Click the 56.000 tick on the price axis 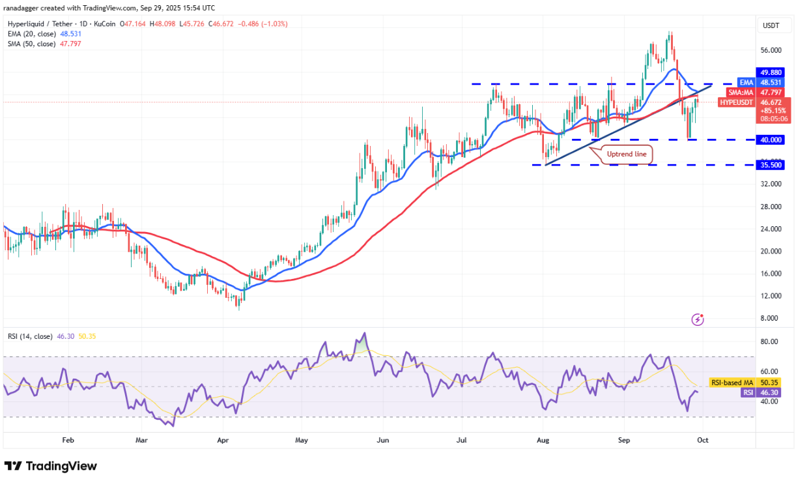click(771, 50)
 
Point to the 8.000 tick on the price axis click(771, 318)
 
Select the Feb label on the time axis click(68, 441)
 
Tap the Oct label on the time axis click(703, 441)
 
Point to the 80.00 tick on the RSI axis click(771, 342)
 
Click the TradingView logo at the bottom click(51, 466)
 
